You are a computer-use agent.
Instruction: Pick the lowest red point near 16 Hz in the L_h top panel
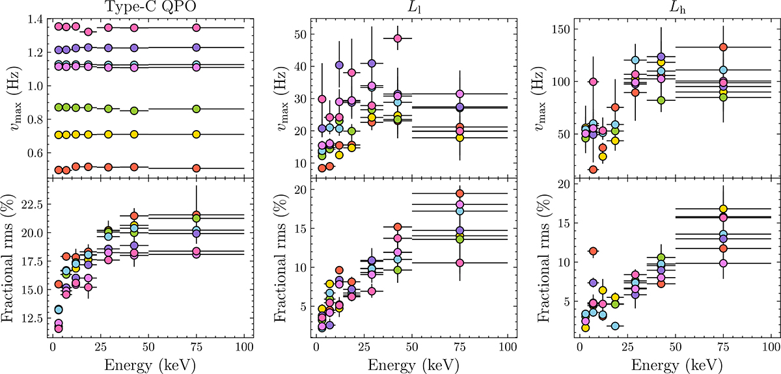[593, 170]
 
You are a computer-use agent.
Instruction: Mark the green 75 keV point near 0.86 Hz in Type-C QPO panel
[197, 109]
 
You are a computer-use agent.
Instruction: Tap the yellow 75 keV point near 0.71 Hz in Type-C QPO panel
[197, 135]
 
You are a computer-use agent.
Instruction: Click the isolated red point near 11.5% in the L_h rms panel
[593, 251]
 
